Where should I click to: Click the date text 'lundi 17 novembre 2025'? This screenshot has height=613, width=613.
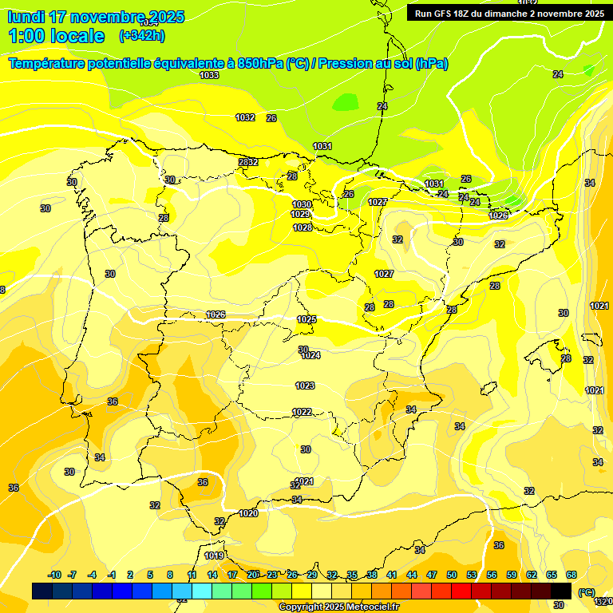96,17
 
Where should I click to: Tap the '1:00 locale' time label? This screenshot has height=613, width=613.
56,36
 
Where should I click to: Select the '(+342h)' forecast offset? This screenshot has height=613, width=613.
142,36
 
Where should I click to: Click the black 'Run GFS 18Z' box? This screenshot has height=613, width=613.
508,13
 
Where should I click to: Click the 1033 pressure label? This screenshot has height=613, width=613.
209,75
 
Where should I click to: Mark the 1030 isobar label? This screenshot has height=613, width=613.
301,205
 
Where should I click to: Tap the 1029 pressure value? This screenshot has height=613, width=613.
300,215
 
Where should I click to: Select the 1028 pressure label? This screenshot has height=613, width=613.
303,227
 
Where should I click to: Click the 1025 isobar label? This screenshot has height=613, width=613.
306,319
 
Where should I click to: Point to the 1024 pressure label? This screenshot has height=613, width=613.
310,355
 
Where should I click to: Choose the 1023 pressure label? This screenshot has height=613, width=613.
305,386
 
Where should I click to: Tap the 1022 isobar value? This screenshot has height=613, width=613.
302,412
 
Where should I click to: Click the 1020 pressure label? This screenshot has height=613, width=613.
248,513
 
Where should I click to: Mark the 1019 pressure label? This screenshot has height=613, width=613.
214,556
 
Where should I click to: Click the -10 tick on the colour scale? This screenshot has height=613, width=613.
54,575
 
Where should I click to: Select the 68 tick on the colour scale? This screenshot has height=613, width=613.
571,575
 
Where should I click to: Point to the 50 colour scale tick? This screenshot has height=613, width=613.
452,575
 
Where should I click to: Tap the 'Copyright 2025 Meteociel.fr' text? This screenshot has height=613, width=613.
338,607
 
